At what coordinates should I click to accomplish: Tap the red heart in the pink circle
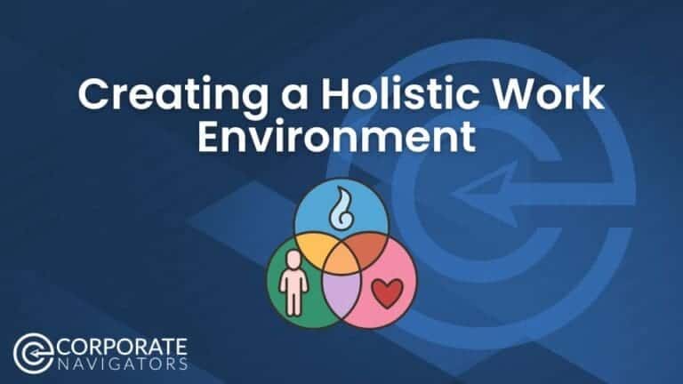pyautogui.click(x=382, y=292)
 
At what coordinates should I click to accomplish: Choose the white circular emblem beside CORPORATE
pyautogui.click(x=35, y=353)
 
